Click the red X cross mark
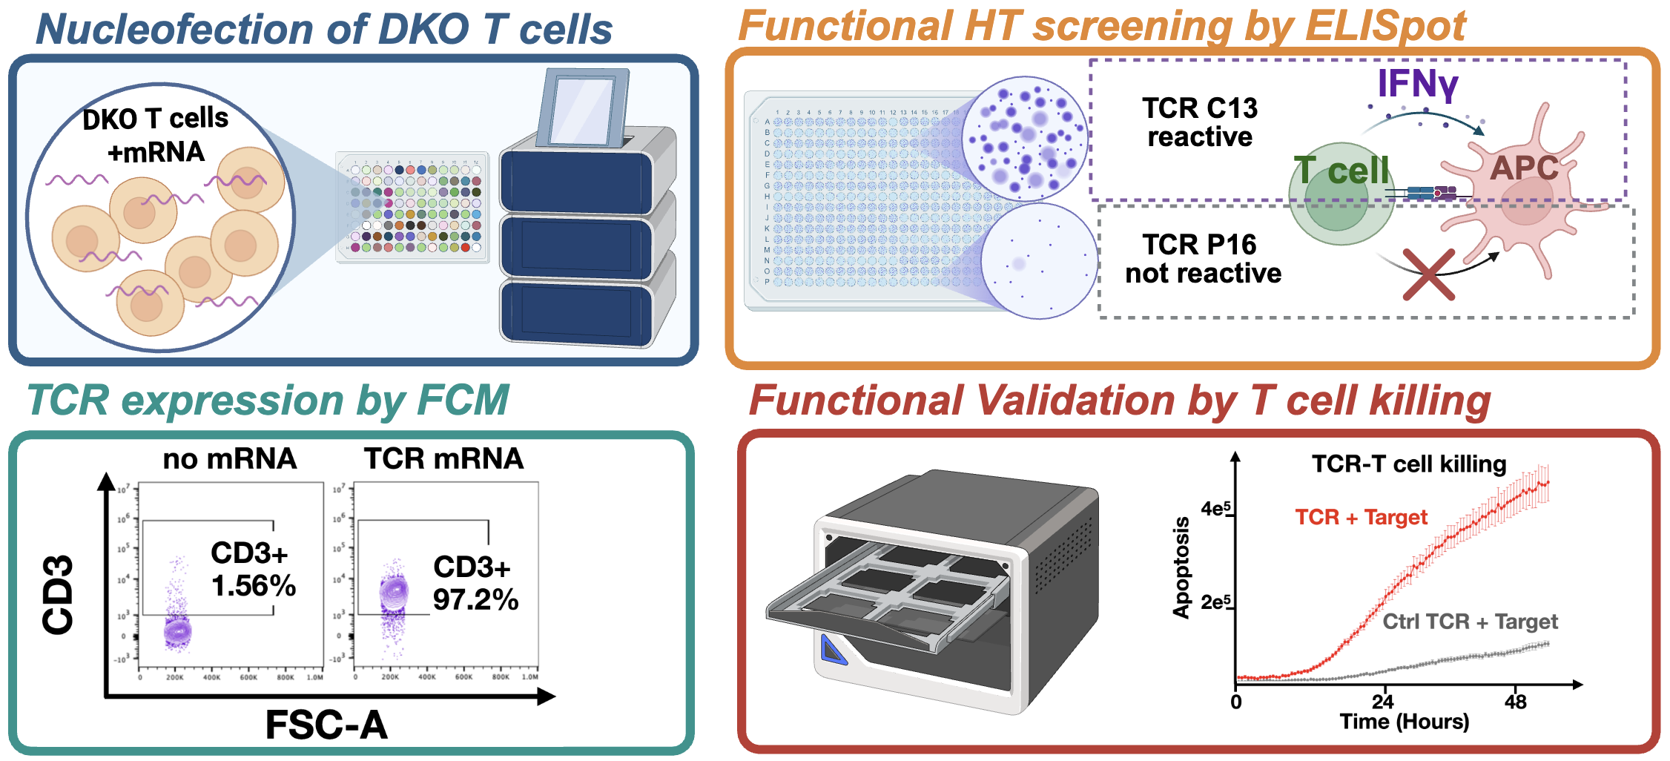click(1428, 274)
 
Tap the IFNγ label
click(1417, 83)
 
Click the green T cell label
click(1341, 171)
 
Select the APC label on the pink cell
click(1524, 168)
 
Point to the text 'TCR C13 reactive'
click(1199, 122)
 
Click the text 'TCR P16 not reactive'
click(1202, 259)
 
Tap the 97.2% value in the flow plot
click(475, 599)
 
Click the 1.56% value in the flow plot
click(254, 586)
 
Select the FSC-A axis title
click(326, 725)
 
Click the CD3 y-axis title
click(59, 594)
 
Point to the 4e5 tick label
click(1215, 509)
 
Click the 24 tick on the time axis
click(1382, 701)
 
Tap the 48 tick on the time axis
click(1515, 701)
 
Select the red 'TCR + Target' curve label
click(1361, 517)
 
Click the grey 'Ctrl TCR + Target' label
click(1470, 622)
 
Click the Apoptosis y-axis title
click(1181, 568)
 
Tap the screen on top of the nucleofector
click(582, 108)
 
